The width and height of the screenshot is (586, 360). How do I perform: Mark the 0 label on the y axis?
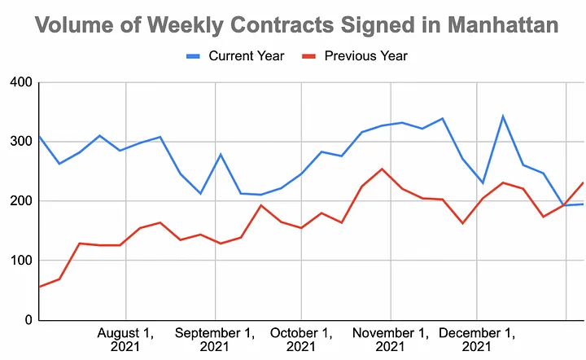[26, 320]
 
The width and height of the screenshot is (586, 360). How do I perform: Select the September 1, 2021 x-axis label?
[214, 340]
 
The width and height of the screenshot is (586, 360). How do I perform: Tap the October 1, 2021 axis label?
[301, 340]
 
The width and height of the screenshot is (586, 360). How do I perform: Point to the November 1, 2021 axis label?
[391, 340]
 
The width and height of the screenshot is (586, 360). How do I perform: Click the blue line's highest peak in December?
[503, 116]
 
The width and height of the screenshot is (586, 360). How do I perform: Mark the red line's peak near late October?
[383, 169]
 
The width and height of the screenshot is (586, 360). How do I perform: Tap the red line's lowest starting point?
[39, 287]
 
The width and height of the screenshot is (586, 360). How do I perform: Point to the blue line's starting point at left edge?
[39, 136]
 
